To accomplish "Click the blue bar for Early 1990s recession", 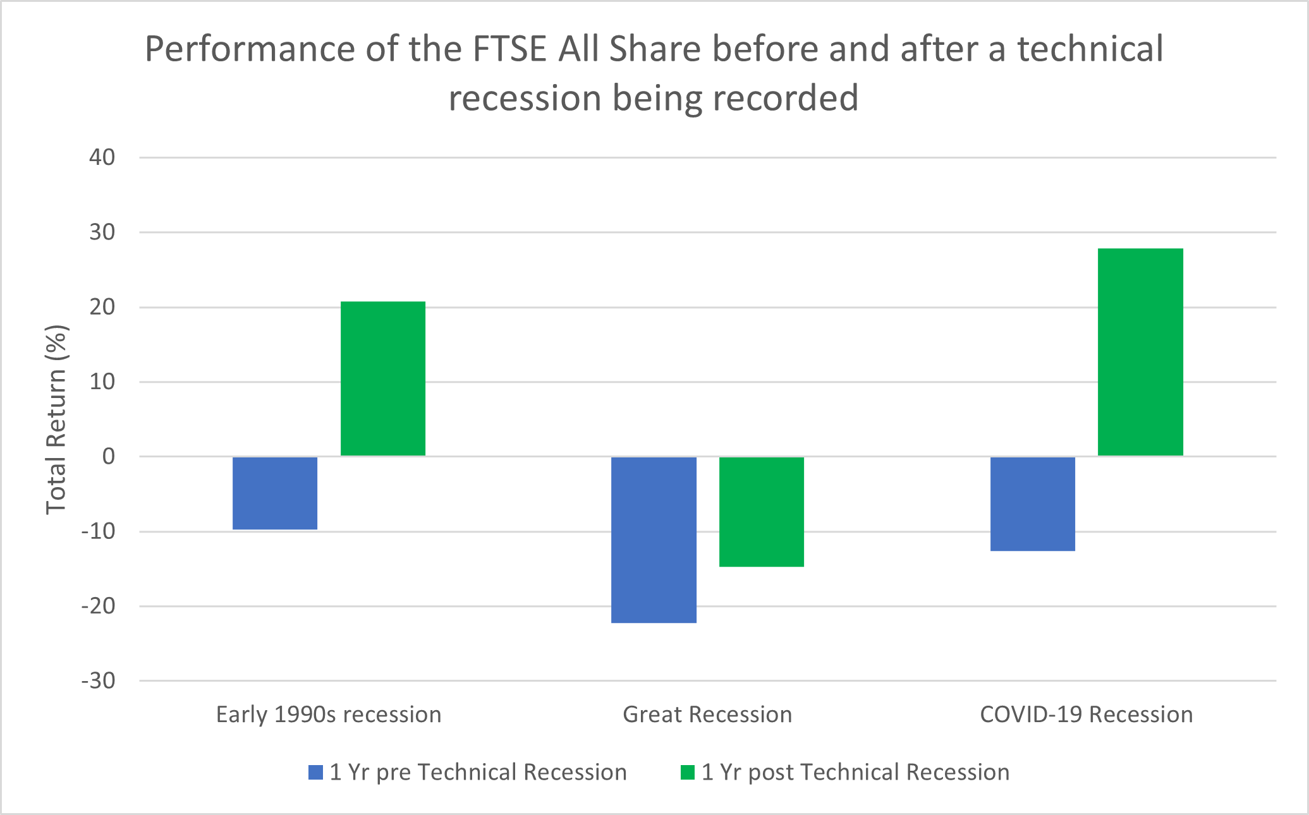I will [275, 493].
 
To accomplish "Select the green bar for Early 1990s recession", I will [383, 378].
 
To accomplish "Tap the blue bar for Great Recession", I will [654, 540].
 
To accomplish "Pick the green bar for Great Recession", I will [762, 511].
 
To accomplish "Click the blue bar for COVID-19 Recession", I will [1033, 504].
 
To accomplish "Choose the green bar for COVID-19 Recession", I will [1140, 352].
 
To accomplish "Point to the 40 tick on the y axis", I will [102, 157].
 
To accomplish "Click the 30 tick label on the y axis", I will [102, 232].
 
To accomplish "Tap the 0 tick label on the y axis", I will [109, 456].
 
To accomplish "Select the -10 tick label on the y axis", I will [99, 531].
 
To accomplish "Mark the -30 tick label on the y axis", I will [99, 681].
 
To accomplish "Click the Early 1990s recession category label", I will [329, 715].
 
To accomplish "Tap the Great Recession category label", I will [707, 715].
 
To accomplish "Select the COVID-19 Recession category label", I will [1087, 715].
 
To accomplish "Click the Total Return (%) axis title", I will [56, 420].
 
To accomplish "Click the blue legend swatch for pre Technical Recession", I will [315, 772].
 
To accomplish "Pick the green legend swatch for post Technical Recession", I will [688, 772].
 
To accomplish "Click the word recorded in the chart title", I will [786, 98].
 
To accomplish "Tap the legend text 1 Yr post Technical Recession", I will [856, 772].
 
